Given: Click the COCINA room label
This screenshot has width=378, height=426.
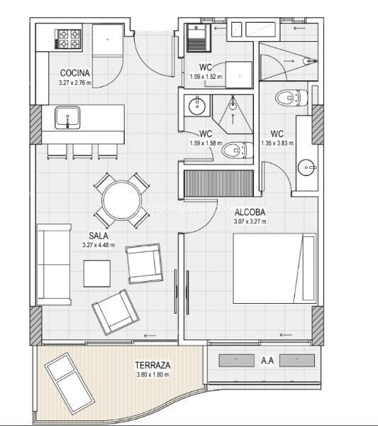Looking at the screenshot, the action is [x=74, y=73].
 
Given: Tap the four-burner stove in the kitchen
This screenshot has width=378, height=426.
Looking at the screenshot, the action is [x=68, y=39].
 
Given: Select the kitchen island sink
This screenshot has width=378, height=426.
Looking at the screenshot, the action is [x=67, y=118].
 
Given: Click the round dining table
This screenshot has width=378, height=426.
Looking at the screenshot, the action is [x=122, y=200].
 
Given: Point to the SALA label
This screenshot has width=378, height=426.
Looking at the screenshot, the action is [x=99, y=235].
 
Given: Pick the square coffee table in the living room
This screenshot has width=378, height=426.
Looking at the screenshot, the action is [x=97, y=273].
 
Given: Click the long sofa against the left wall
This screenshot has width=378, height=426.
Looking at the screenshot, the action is [x=54, y=264].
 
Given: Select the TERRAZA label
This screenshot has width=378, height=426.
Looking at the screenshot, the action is [x=152, y=365].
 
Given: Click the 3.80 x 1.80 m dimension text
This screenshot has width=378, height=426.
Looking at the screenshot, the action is [x=152, y=374].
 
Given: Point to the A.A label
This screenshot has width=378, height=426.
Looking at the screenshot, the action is [x=267, y=361].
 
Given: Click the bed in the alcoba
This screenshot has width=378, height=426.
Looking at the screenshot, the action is [x=274, y=268].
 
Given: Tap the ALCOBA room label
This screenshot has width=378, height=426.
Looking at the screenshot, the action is [x=250, y=212].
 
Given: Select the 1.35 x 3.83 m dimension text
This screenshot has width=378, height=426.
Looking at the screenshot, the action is [x=277, y=143].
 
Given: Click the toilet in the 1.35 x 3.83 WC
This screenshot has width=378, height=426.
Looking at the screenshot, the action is [x=291, y=98].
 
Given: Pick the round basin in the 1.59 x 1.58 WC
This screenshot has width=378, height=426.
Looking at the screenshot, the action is [x=197, y=105].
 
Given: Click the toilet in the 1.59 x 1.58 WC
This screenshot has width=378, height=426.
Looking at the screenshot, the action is [x=238, y=151].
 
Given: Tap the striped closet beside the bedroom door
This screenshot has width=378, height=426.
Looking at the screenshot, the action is [x=218, y=183].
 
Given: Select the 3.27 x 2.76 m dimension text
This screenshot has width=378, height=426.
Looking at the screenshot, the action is [x=75, y=82].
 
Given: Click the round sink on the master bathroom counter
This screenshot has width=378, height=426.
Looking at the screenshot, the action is [x=306, y=168].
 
